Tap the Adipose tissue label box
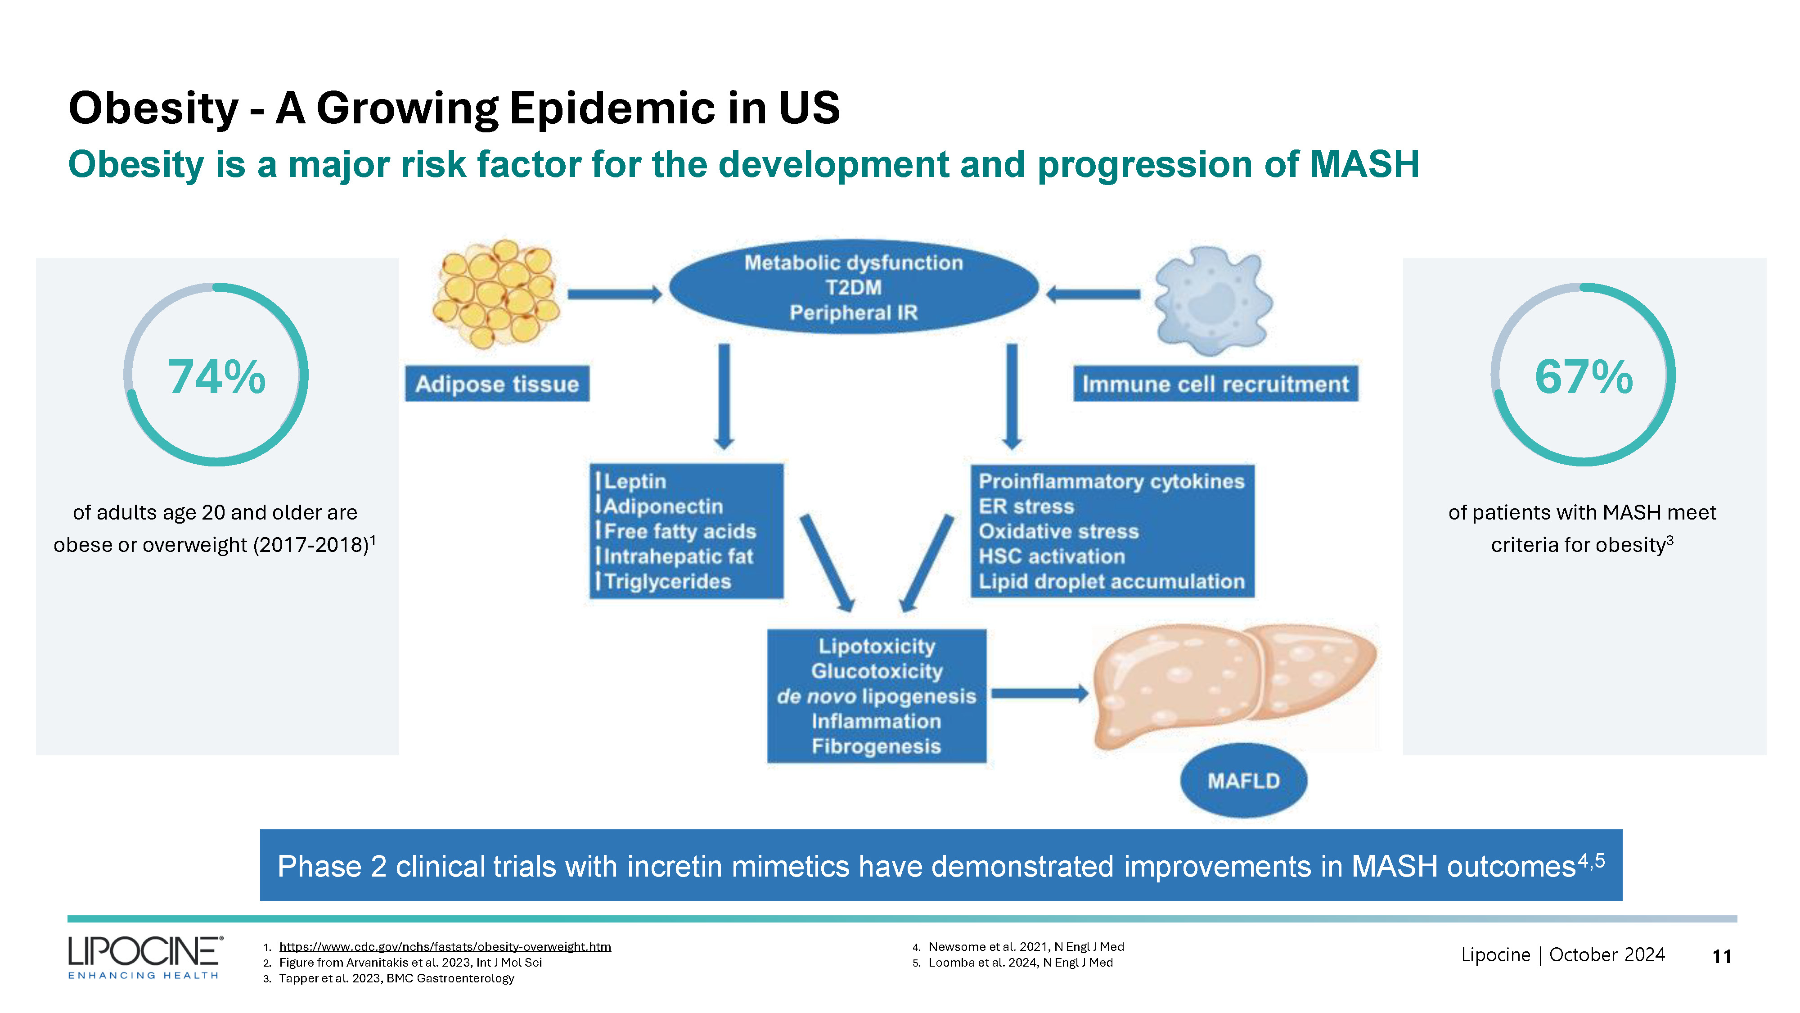coord(497,384)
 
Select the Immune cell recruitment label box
coord(1215,384)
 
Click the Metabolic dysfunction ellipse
coord(853,287)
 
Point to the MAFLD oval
coord(1243,780)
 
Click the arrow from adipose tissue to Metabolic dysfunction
coord(613,294)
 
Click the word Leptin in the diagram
coord(634,482)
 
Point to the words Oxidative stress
coord(1058,531)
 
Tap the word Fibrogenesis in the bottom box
coord(876,746)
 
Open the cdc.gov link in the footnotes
coord(445,946)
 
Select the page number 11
coord(1721,956)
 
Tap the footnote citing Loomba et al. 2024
coord(1020,963)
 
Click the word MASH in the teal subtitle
coord(1364,165)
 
